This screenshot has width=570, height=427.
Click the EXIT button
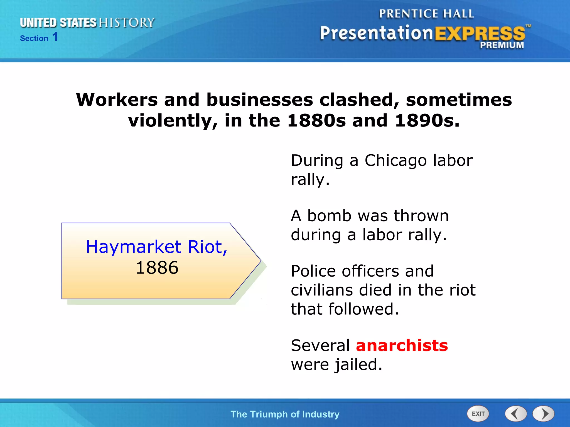478,414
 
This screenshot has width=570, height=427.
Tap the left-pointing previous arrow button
515,414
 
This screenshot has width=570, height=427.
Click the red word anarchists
402,346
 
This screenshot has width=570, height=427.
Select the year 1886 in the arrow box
157,268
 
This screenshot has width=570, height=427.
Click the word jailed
358,365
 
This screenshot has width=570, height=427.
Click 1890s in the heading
427,121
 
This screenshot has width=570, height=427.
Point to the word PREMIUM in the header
502,45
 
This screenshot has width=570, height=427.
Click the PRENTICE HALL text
426,14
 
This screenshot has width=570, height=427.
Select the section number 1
55,37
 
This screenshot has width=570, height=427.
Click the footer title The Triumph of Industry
285,414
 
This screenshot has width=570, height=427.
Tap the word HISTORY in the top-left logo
127,23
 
